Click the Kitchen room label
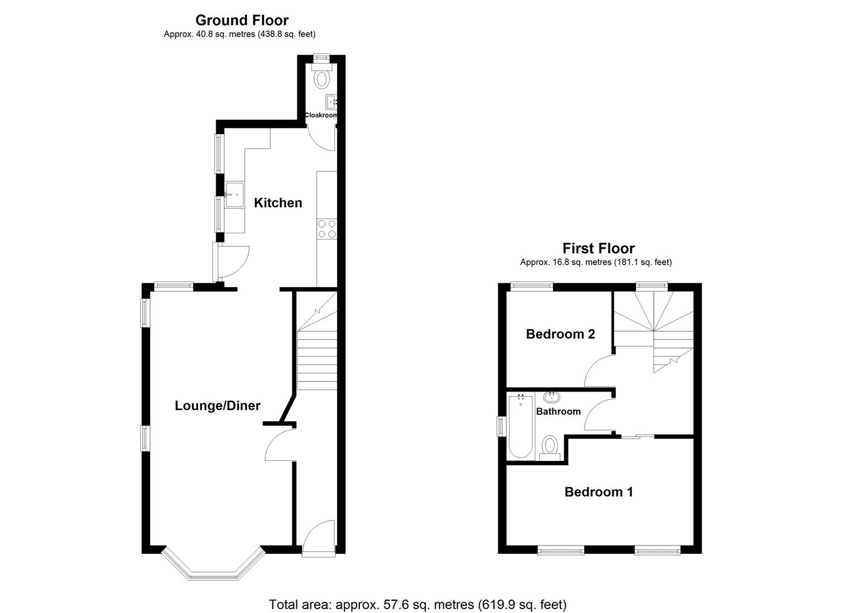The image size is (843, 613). [x=278, y=203]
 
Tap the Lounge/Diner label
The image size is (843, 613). [x=217, y=406]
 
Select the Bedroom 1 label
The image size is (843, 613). [x=598, y=492]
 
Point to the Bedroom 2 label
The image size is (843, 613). [x=560, y=334]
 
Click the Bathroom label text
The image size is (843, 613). [x=558, y=412]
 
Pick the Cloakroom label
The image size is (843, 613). [x=321, y=115]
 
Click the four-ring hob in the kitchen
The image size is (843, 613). [x=327, y=229]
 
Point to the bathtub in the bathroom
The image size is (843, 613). [x=520, y=427]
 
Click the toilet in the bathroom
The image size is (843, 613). [x=550, y=446]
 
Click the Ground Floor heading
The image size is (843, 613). [x=242, y=20]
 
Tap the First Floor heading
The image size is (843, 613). [x=598, y=248]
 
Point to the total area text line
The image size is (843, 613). [x=417, y=604]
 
